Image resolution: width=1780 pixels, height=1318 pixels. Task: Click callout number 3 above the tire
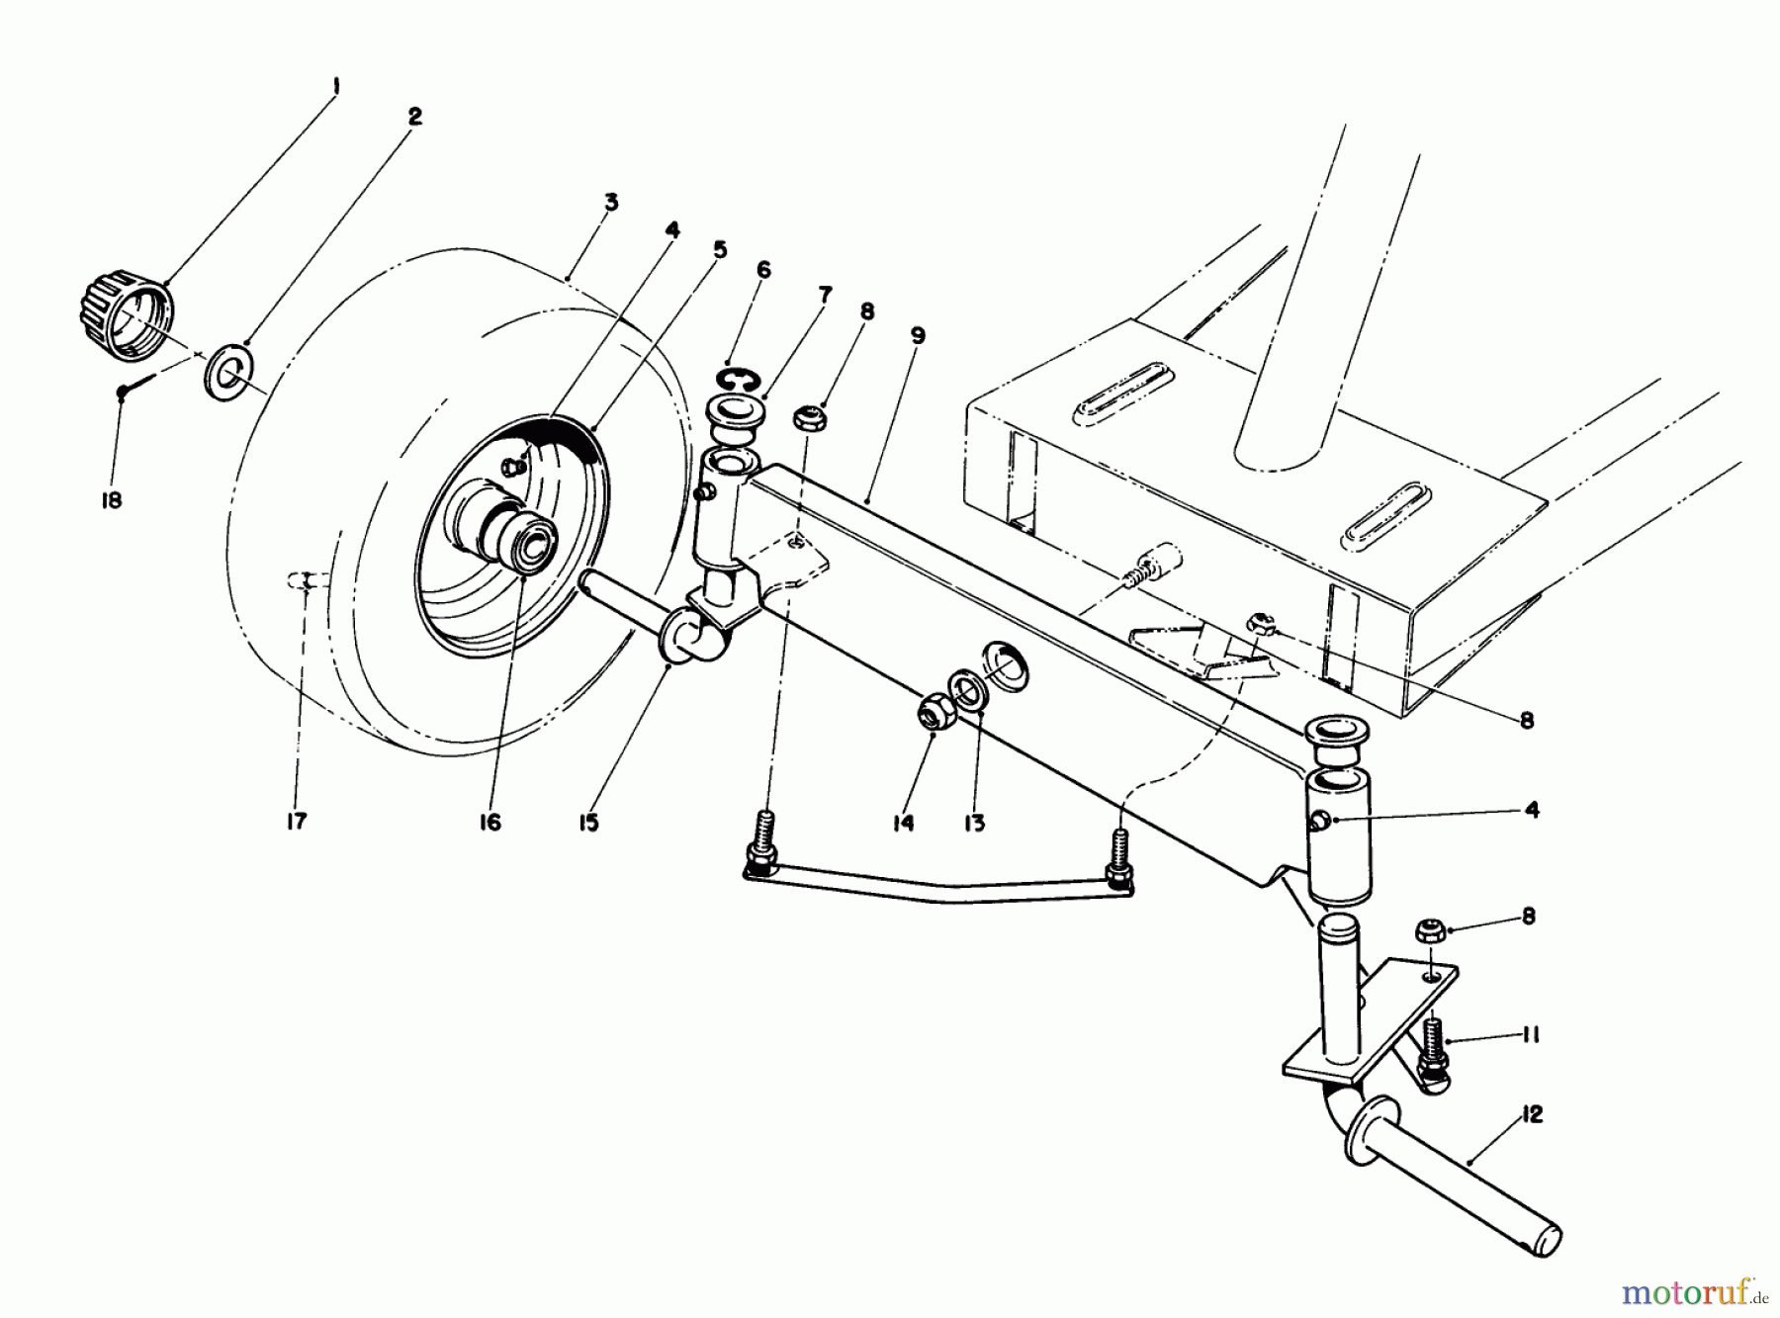tap(611, 203)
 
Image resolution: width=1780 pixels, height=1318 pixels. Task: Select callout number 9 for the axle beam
tap(918, 336)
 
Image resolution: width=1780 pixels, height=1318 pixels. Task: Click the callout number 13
tap(975, 822)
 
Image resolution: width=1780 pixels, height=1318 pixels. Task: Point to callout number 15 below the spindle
tap(588, 822)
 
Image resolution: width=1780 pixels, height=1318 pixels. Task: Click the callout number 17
tap(296, 821)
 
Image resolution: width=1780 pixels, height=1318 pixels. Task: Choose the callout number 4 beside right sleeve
tap(1532, 811)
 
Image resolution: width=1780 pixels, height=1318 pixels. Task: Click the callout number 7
tap(825, 295)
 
